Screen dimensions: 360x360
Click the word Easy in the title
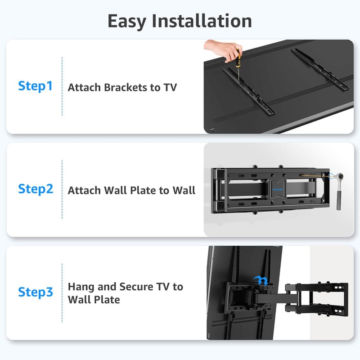(x=127, y=21)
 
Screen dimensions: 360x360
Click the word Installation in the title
(x=202, y=21)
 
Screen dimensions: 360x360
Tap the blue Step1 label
(x=36, y=86)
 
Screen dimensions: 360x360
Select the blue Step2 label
(x=36, y=189)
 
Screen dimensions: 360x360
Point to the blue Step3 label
(x=36, y=292)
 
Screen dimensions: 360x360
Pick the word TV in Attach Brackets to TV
(x=170, y=87)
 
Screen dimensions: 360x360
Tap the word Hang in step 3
(x=81, y=287)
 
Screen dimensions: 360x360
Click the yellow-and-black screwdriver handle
(x=238, y=59)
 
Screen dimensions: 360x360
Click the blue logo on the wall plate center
(x=278, y=189)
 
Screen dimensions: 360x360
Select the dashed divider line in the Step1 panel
(x=62, y=86)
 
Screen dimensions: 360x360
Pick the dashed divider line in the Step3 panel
(x=62, y=293)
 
